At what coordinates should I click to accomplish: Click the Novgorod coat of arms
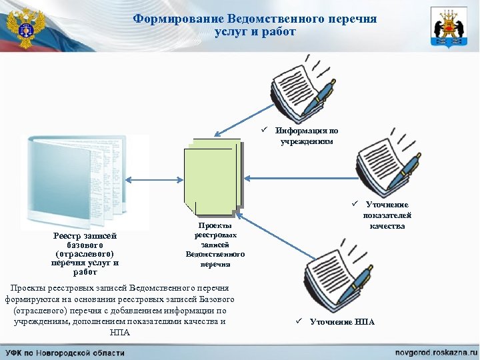449,27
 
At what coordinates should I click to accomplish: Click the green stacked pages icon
213,178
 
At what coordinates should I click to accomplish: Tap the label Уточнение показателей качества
387,215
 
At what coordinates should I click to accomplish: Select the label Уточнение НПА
342,322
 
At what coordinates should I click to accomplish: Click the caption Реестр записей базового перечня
85,253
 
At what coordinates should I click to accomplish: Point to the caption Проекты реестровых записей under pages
215,245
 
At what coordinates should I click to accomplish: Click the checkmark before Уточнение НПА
301,322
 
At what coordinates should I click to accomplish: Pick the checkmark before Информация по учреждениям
265,131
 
